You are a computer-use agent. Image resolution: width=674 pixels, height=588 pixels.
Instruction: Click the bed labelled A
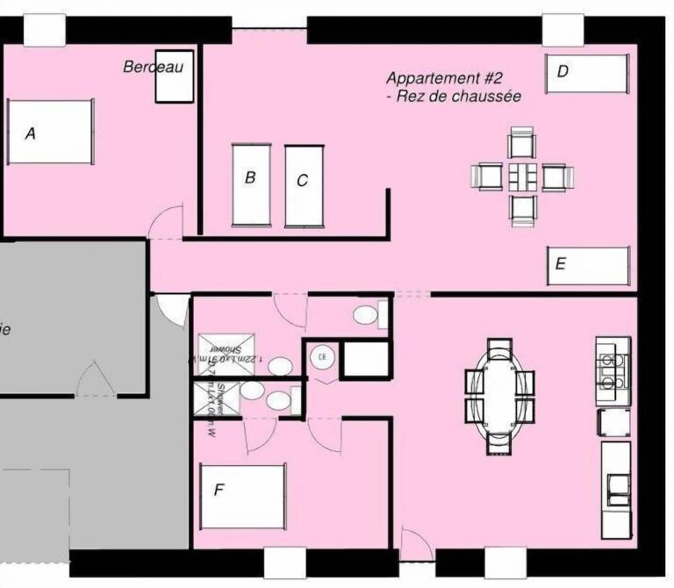(x=49, y=133)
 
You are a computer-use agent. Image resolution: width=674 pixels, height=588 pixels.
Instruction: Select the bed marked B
(x=250, y=183)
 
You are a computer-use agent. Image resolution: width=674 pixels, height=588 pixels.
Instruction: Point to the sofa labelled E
(x=589, y=265)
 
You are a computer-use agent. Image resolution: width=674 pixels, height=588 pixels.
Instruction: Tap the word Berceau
(x=153, y=68)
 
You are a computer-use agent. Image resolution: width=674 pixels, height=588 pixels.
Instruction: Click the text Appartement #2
(x=444, y=79)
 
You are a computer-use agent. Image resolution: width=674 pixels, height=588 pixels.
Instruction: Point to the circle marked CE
(x=322, y=357)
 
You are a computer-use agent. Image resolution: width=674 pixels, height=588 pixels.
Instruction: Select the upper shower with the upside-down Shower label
(x=217, y=355)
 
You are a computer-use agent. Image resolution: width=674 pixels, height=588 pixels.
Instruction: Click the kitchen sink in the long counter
(x=617, y=485)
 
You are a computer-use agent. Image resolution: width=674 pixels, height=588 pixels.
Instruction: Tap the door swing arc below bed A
(x=164, y=224)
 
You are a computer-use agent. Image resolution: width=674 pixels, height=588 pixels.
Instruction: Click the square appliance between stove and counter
(x=613, y=422)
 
